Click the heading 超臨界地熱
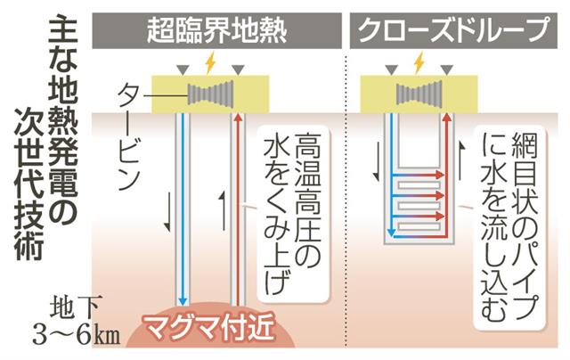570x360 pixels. coord(217,30)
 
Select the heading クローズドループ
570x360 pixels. coord(453,30)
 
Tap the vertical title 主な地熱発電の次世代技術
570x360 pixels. coord(45,139)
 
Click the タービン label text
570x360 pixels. coord(129,135)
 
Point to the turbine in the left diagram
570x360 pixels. coord(211,94)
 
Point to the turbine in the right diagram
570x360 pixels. coord(419,94)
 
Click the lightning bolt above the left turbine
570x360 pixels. coord(210,63)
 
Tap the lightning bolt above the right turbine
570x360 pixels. coord(419,63)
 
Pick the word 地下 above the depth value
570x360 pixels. coord(74,310)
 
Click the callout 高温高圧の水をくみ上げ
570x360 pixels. coord(293,214)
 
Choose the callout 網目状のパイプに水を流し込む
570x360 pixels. coord(509,227)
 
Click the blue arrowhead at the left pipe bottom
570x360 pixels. coord(182,301)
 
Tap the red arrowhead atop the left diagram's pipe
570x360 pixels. coord(238,118)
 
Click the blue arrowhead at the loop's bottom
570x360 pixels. coord(391,232)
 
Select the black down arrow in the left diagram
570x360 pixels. coord(167,212)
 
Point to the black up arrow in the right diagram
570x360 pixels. coord(461,160)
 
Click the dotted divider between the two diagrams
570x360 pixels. coord(346,198)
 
